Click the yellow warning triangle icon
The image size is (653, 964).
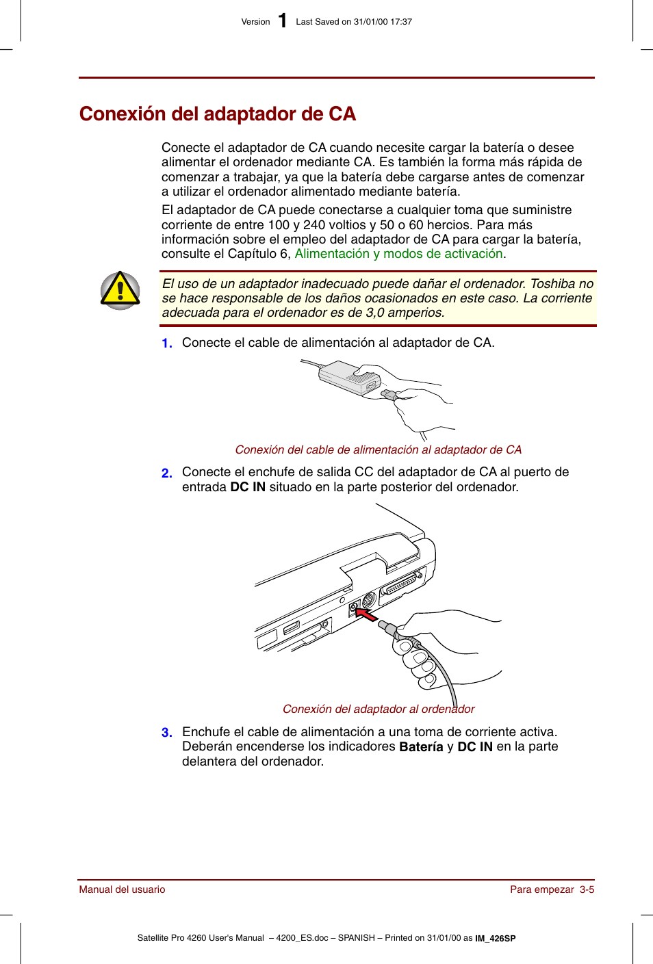click(x=120, y=290)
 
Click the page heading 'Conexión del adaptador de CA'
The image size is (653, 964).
click(x=217, y=114)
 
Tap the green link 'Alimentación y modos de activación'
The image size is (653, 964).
click(x=399, y=254)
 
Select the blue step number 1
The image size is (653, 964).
click(x=166, y=343)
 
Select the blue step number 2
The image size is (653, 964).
click(x=166, y=473)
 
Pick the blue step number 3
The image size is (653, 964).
click(x=166, y=733)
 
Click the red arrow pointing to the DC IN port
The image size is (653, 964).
click(x=366, y=614)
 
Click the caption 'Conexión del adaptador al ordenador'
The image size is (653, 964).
click(x=378, y=709)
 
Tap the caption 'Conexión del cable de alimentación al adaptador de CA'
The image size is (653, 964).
click(x=378, y=450)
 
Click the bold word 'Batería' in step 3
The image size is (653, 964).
click(x=421, y=747)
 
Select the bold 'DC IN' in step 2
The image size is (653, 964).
click(x=247, y=487)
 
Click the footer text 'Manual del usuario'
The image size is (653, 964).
click(x=122, y=889)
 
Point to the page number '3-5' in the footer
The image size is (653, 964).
click(x=587, y=889)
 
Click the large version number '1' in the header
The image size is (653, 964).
click(x=282, y=21)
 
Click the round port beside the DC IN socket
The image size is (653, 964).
click(x=369, y=600)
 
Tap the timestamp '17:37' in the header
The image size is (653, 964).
click(x=401, y=22)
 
